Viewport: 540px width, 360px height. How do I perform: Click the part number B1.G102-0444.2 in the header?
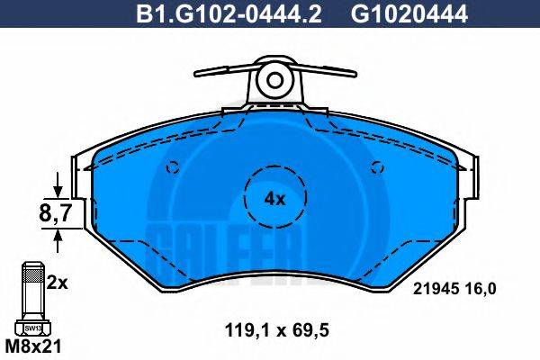[222, 13]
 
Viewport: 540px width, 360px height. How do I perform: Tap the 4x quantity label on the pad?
[274, 199]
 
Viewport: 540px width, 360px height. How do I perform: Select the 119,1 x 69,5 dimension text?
[275, 330]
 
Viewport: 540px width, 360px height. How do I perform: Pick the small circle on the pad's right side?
[377, 166]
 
